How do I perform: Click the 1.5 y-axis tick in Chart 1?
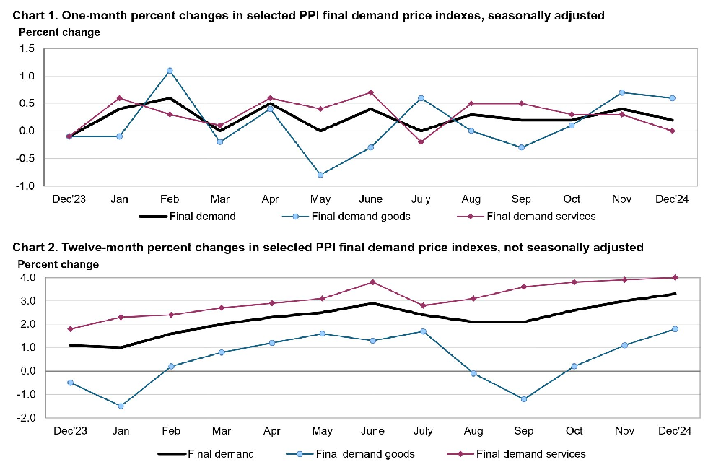click(x=27, y=48)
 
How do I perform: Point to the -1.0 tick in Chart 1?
click(x=25, y=186)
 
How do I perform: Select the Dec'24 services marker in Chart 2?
click(x=674, y=277)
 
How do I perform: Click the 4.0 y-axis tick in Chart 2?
click(x=27, y=277)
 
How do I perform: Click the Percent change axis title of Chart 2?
click(x=58, y=264)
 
